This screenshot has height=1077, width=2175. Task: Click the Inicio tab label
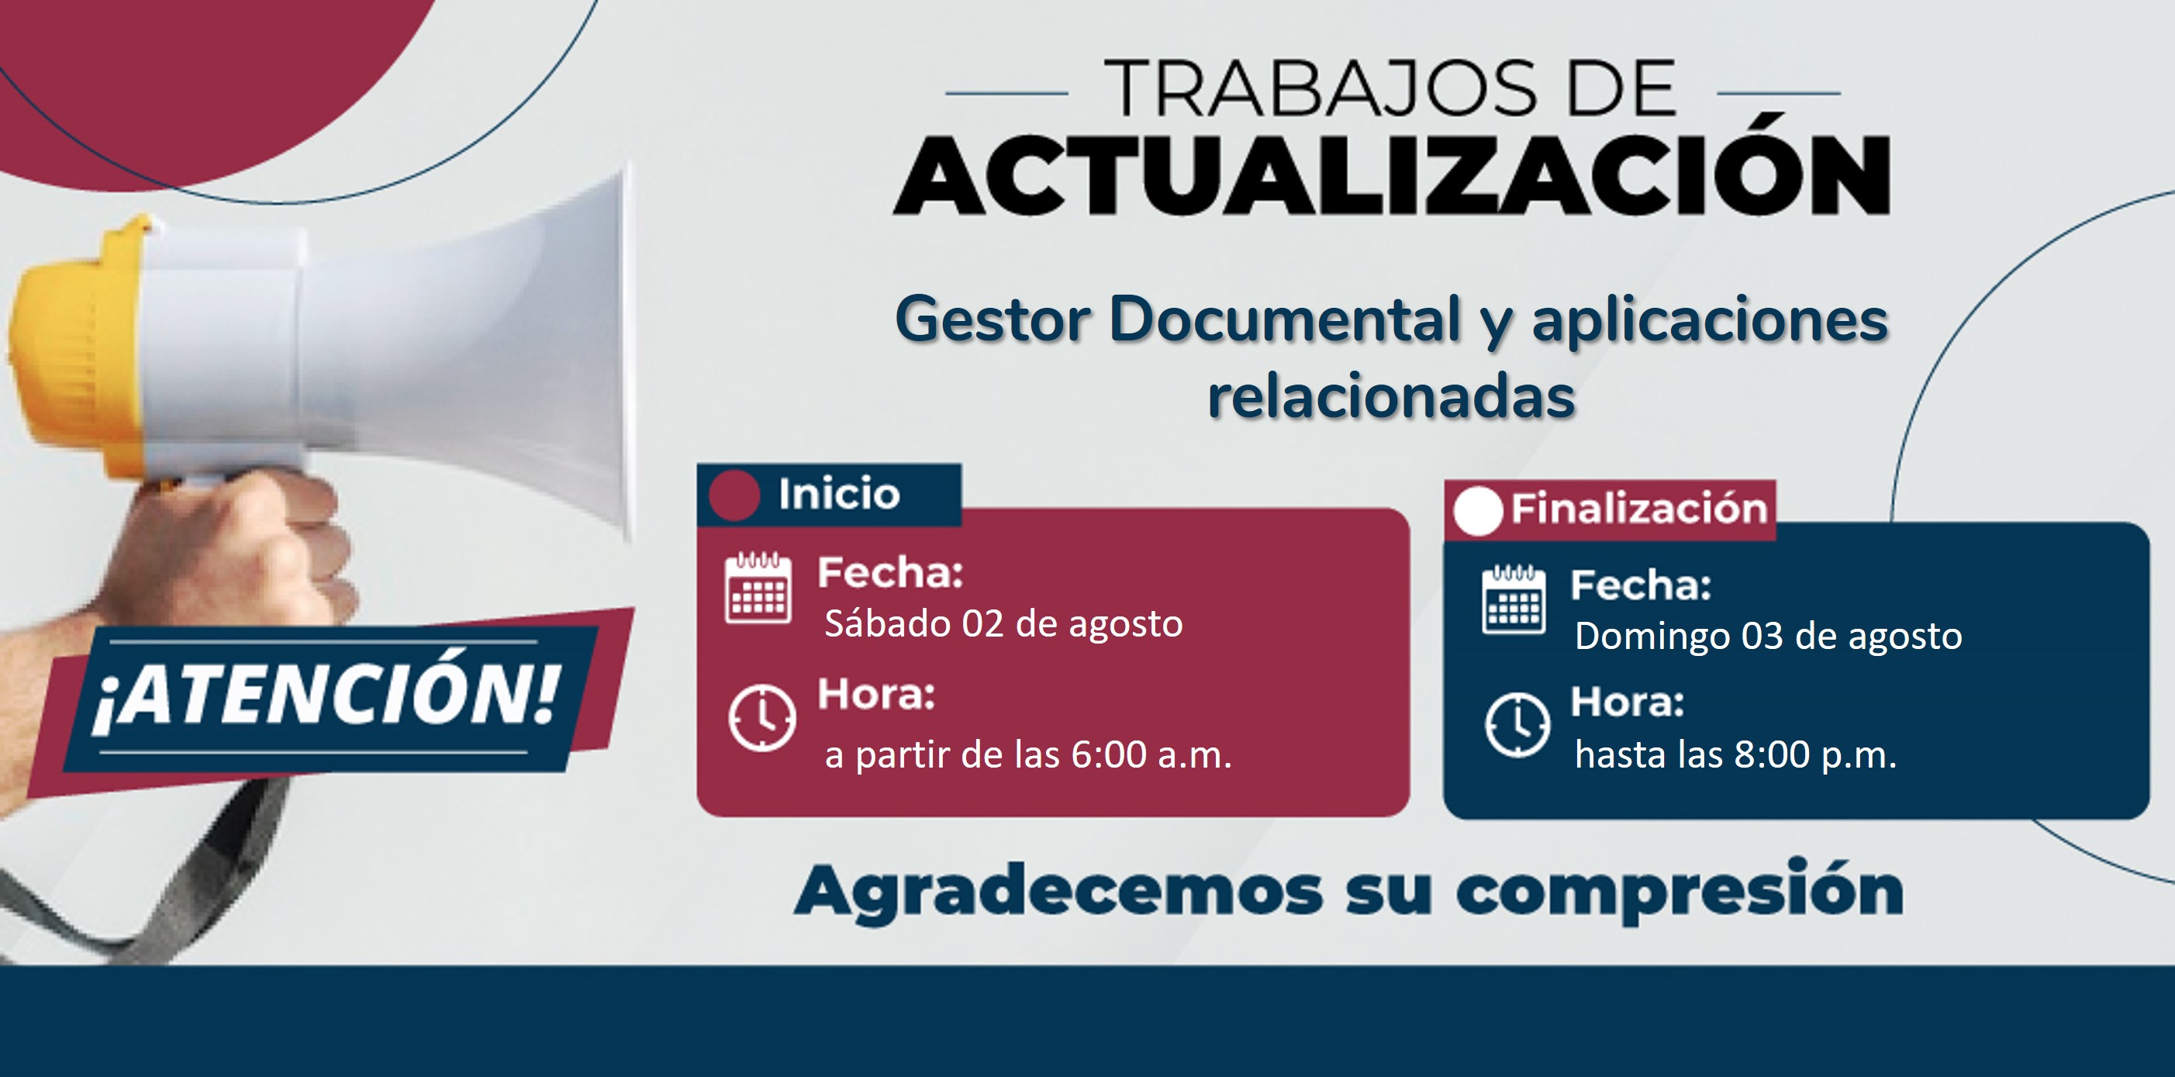point(839,495)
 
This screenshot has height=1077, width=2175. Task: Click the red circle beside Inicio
point(734,495)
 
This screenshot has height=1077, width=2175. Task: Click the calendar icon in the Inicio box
point(758,588)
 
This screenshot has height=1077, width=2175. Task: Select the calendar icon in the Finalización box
point(1514,599)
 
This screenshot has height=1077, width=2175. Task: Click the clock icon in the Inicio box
point(761,718)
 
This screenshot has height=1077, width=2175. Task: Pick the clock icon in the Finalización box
point(1517,725)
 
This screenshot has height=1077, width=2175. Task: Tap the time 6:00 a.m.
point(1151,754)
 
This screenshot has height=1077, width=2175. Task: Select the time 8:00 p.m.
point(1815,754)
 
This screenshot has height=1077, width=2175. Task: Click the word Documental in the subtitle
point(1285,320)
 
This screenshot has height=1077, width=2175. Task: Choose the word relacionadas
point(1392,397)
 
